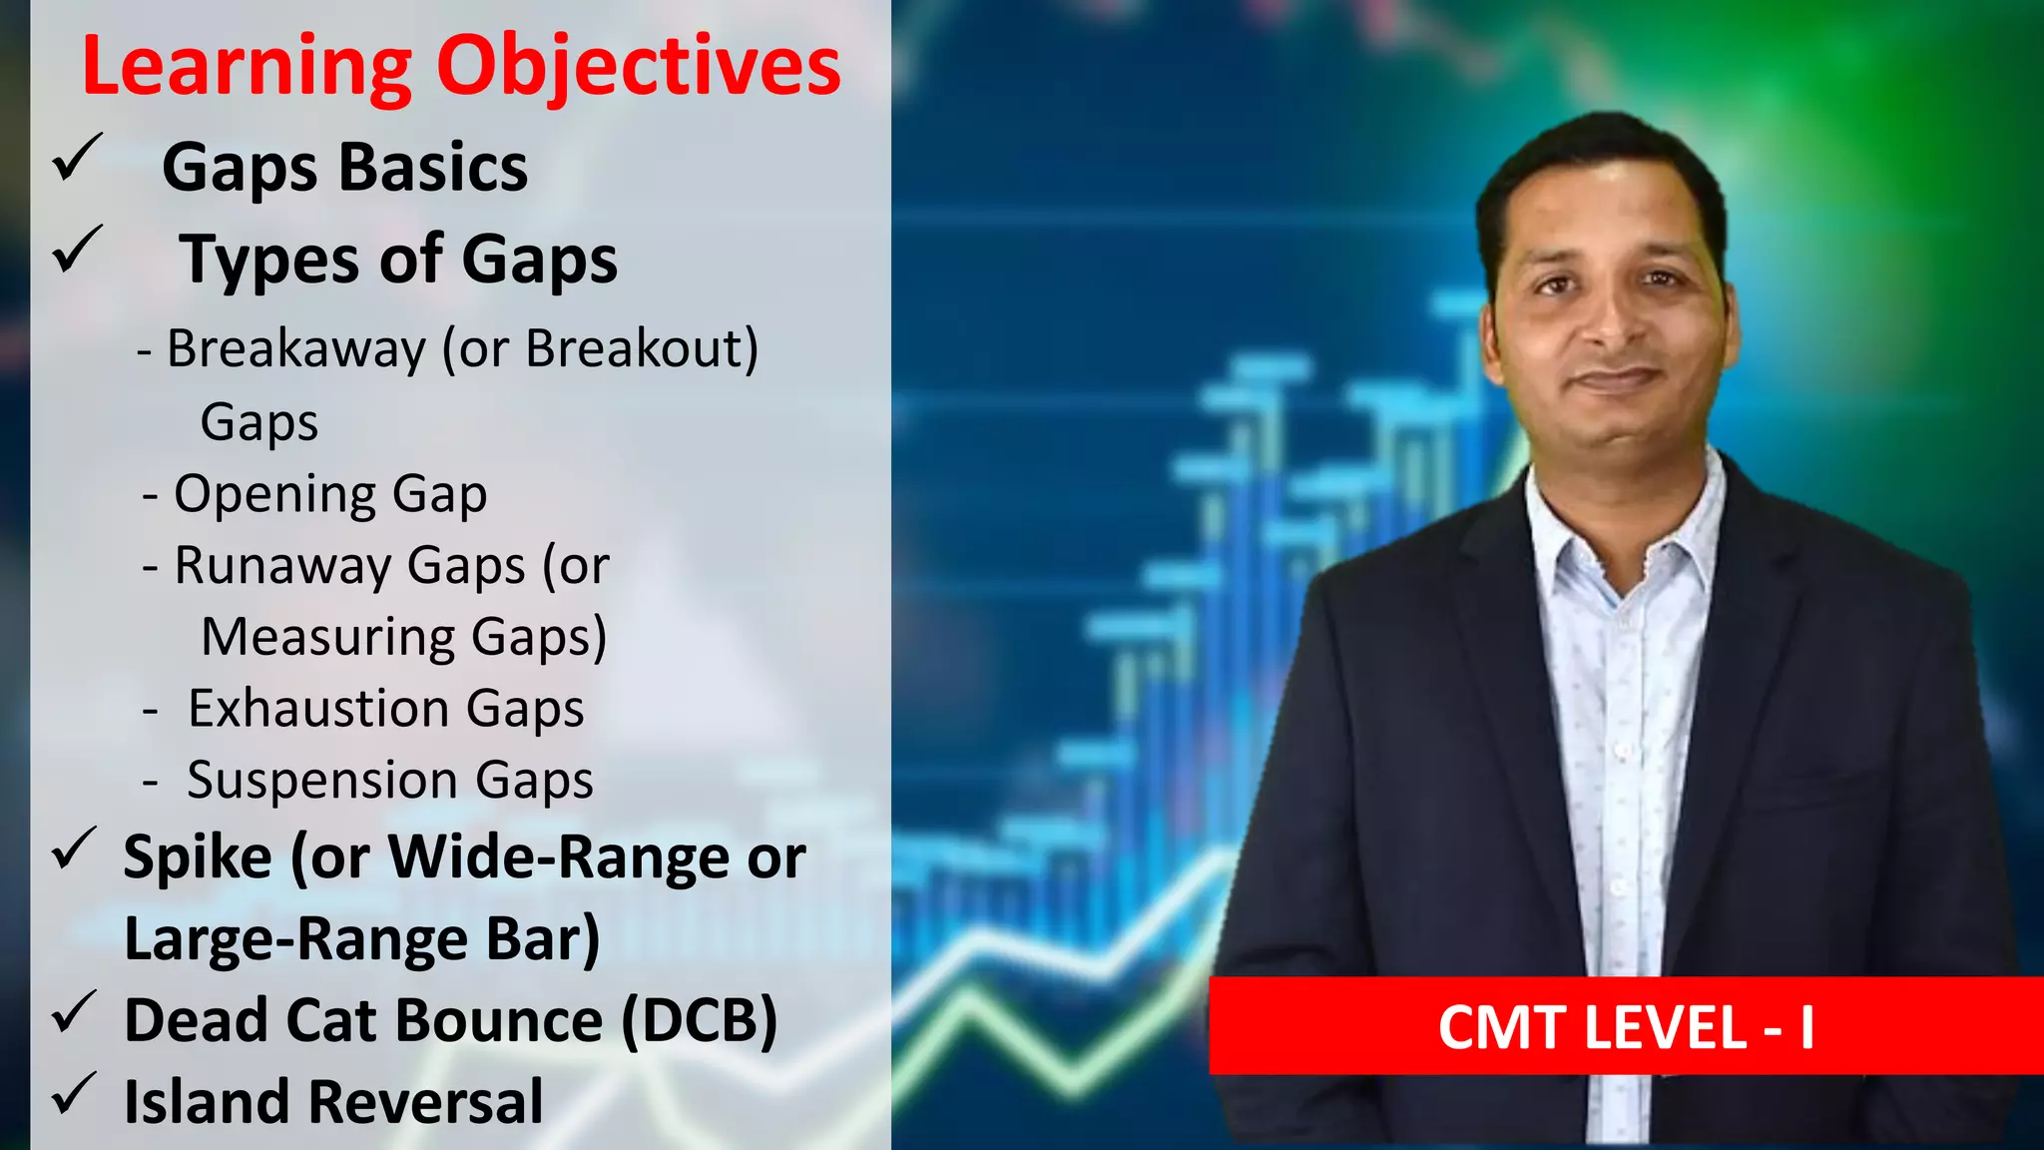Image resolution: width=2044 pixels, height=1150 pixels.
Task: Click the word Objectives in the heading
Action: (x=639, y=68)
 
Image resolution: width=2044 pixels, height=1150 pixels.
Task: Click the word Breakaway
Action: (x=296, y=349)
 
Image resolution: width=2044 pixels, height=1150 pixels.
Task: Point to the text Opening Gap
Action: (x=330, y=494)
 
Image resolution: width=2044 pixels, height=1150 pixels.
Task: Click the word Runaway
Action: (x=282, y=566)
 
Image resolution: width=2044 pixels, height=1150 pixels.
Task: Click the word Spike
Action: (x=198, y=859)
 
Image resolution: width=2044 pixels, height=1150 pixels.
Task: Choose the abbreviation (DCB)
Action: (x=699, y=1021)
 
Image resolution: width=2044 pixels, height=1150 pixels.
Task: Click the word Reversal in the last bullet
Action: (x=426, y=1102)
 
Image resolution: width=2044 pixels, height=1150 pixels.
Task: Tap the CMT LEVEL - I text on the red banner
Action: (x=1626, y=1027)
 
